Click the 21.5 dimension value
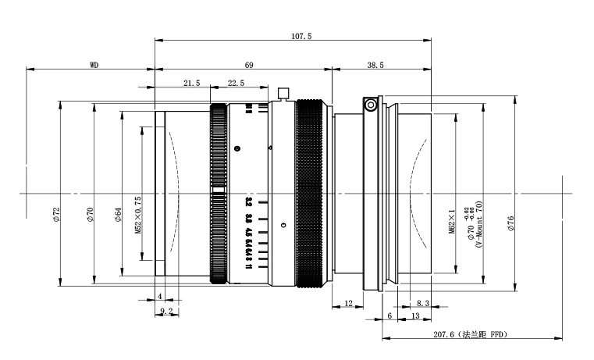tap(192, 83)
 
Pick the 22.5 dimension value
tap(236, 83)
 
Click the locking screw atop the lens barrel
tap(283, 94)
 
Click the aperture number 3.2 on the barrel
tap(248, 202)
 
